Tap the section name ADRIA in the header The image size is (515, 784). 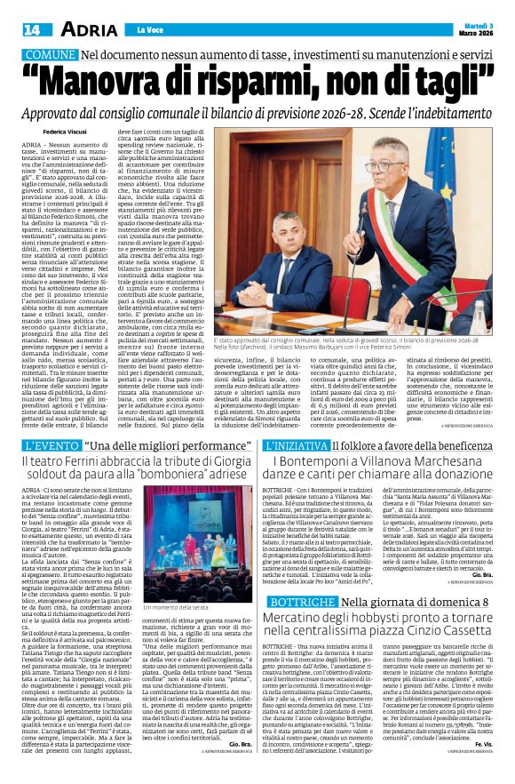pos(85,30)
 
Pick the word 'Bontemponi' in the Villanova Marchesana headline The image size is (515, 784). pos(315,461)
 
